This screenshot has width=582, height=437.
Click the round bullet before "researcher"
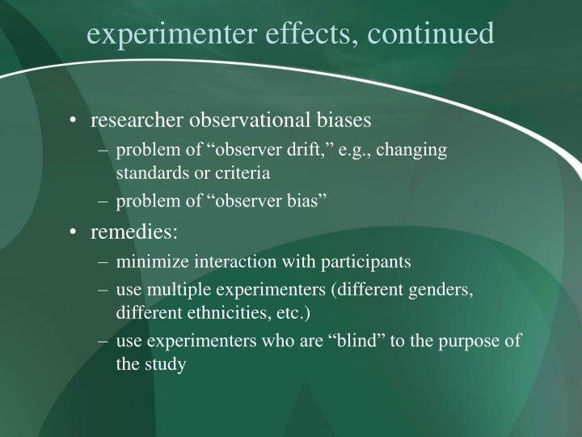[x=74, y=121]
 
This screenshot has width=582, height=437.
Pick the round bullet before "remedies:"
[x=74, y=232]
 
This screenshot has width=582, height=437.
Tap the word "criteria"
[x=240, y=172]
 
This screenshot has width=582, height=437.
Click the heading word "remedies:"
[x=134, y=232]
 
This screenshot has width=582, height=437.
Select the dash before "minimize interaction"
[x=103, y=261]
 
